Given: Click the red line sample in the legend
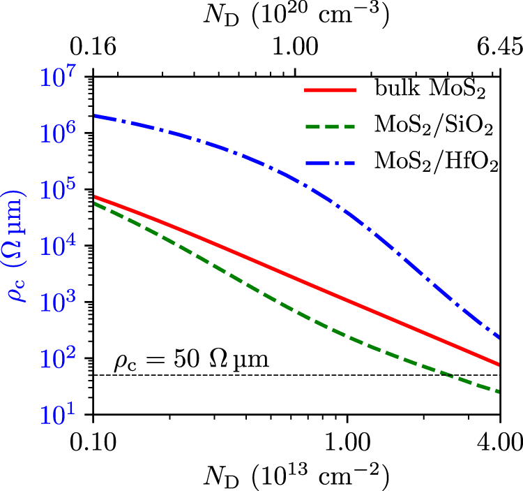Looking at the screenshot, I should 331,91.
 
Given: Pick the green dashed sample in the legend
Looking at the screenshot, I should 331,127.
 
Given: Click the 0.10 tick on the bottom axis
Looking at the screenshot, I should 93,443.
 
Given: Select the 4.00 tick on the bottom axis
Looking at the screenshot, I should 500,443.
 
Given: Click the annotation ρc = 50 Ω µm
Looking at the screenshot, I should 192,362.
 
